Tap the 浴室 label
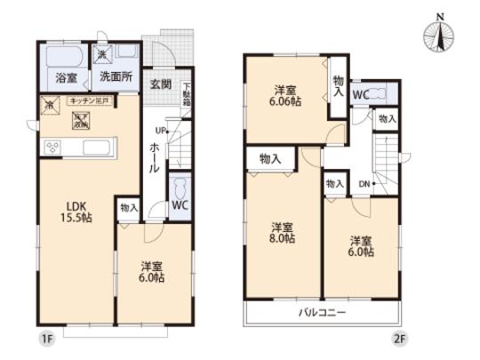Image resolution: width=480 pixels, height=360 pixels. click(x=67, y=78)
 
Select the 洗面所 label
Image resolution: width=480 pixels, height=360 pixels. click(x=116, y=77)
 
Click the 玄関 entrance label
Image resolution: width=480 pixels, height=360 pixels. click(x=161, y=84)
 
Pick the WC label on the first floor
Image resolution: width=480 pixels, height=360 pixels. click(x=178, y=205)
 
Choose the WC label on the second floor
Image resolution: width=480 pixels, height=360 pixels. click(x=361, y=92)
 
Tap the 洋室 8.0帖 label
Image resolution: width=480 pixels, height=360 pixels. click(x=282, y=232)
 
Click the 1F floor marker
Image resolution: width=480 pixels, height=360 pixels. click(x=45, y=339)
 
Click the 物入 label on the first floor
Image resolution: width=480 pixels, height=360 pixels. click(x=129, y=207)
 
